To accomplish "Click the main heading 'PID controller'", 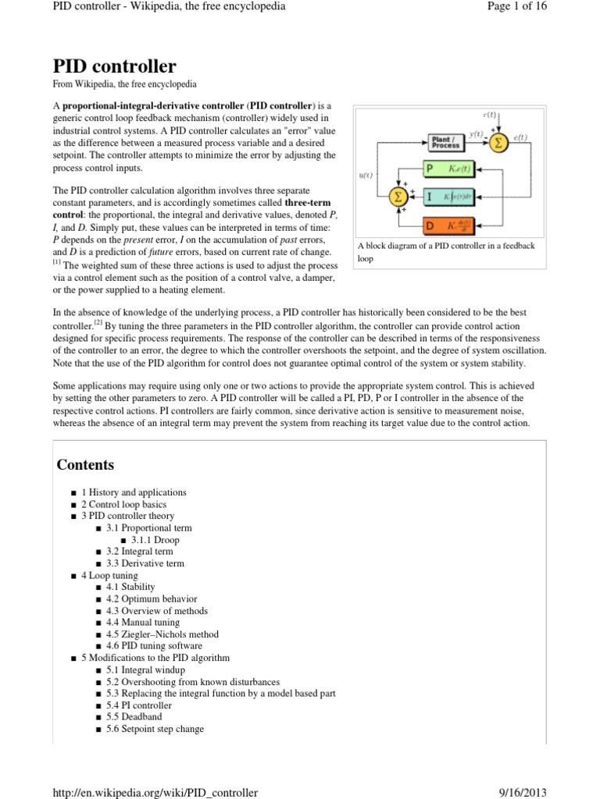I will point(114,66).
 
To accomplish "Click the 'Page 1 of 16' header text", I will point(517,7).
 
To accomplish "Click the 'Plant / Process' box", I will point(445,142).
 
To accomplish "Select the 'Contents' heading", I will point(85,465).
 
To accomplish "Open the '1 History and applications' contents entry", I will point(134,492).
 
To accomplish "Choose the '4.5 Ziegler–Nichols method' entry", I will point(162,634).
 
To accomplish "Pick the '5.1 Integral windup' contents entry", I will point(145,669).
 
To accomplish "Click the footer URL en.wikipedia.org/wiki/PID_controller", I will point(155,792).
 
